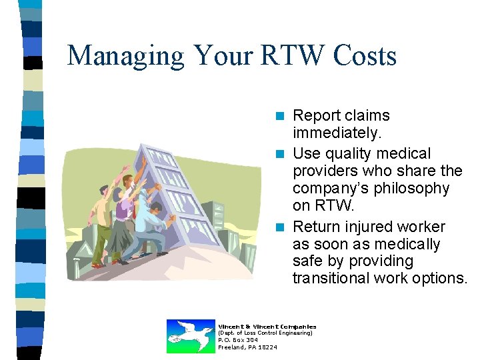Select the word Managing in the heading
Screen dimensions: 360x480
tap(126, 57)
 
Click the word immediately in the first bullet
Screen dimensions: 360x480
tap(337, 134)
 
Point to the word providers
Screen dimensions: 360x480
tap(325, 171)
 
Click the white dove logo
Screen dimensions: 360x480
tap(189, 336)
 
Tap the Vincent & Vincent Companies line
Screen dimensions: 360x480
tap(267, 326)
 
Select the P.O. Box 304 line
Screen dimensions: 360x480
tap(238, 340)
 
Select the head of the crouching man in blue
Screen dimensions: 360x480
tap(155, 210)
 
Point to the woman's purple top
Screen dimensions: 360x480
tap(124, 210)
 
